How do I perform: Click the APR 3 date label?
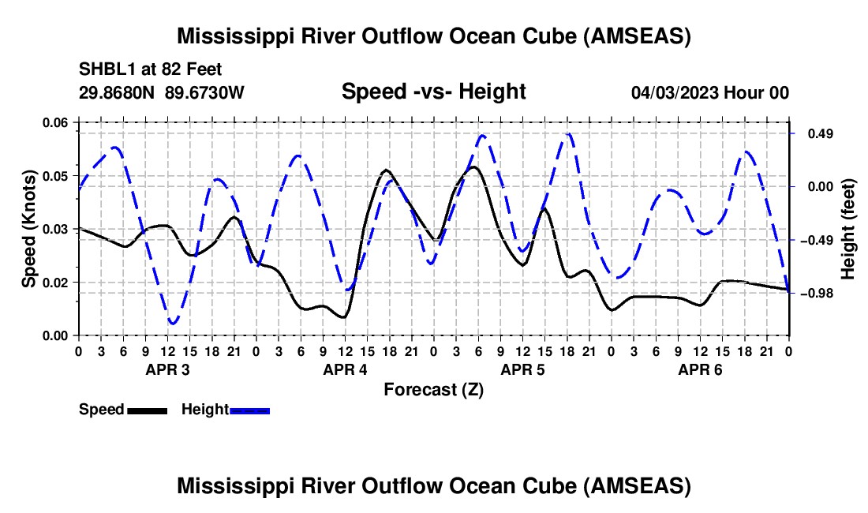coord(167,369)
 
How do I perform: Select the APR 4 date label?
coord(345,369)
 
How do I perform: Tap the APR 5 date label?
coord(522,369)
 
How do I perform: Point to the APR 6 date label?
coord(700,369)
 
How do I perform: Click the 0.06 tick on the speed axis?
coord(55,122)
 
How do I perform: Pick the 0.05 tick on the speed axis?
coord(55,175)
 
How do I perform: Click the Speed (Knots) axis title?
coord(30,229)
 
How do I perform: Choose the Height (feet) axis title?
coord(848,229)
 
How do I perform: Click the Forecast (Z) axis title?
coord(433,389)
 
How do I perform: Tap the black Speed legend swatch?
coord(147,410)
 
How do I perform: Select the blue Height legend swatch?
coord(249,410)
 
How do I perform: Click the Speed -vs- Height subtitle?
coord(433,92)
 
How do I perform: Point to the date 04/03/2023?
coord(674,93)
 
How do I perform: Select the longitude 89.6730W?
coord(205,93)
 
